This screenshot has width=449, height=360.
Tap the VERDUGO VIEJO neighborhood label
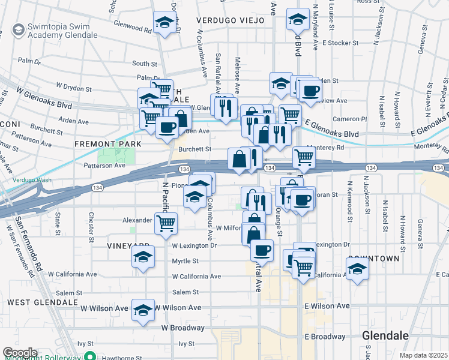tap(231, 20)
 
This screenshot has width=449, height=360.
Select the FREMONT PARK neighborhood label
tap(108, 144)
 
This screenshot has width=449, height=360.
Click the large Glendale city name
tap(385, 335)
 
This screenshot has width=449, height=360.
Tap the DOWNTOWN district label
tap(373, 258)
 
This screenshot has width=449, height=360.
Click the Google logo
tap(20, 353)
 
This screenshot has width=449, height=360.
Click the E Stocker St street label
tap(340, 43)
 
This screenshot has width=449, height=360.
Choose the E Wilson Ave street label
tap(327, 306)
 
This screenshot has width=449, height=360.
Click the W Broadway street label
tap(182, 328)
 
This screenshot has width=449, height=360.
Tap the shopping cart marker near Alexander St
tap(165, 224)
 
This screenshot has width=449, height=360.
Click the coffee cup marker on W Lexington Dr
tap(261, 249)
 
